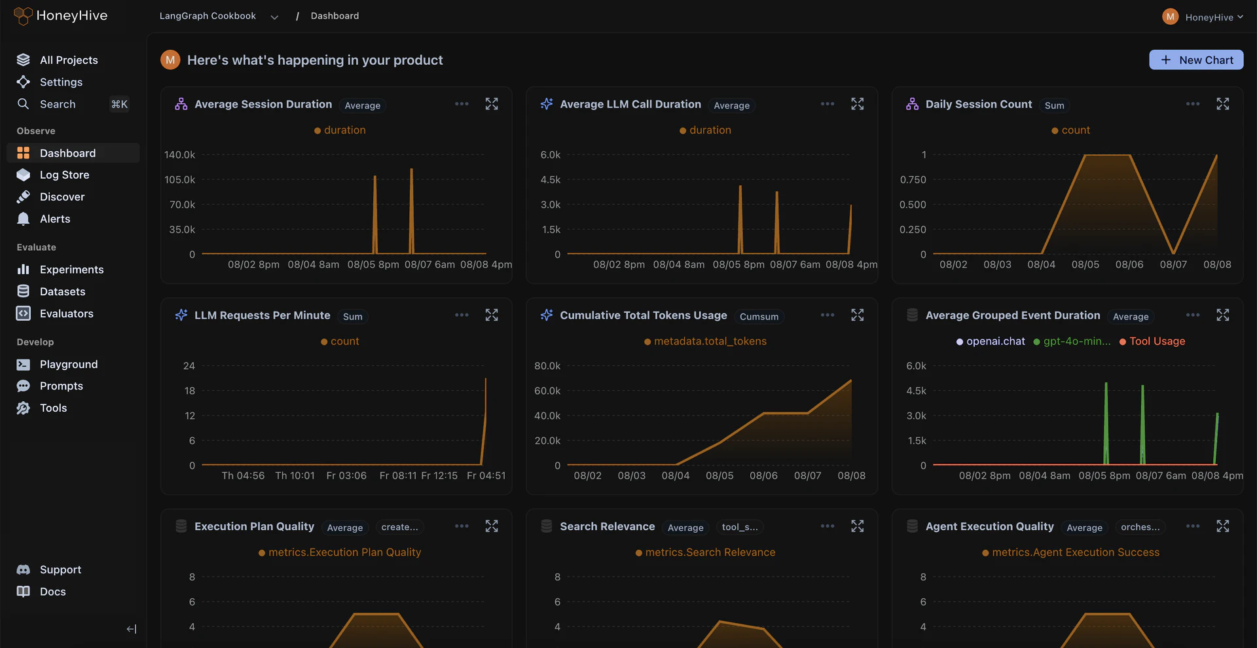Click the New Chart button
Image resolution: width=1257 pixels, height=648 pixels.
point(1196,60)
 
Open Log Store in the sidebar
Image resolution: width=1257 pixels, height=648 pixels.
point(64,175)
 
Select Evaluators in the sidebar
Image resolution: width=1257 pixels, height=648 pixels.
point(66,314)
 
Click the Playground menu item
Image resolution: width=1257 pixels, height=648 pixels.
point(68,364)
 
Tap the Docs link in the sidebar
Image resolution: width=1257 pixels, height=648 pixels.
point(52,592)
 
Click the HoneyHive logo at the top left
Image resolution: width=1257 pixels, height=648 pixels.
point(61,16)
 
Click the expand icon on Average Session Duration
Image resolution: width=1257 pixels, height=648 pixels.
point(492,104)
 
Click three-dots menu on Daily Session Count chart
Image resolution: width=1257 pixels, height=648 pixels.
point(1193,104)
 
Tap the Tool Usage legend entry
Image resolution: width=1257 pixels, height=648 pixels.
point(1157,341)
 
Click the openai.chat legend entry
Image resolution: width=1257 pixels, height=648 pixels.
point(995,341)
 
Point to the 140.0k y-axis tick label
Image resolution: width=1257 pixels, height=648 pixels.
point(179,155)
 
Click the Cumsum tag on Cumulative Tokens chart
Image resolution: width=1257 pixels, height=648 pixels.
point(759,316)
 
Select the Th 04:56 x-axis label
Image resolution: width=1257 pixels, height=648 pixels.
point(243,476)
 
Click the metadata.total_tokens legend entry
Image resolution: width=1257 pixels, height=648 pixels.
point(710,341)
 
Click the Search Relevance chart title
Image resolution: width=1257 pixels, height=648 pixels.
point(607,526)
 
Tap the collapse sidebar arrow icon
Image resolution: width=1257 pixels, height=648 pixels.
point(131,629)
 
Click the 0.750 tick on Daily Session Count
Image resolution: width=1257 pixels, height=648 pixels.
point(913,180)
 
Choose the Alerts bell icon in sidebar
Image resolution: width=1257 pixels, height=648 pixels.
point(24,219)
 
